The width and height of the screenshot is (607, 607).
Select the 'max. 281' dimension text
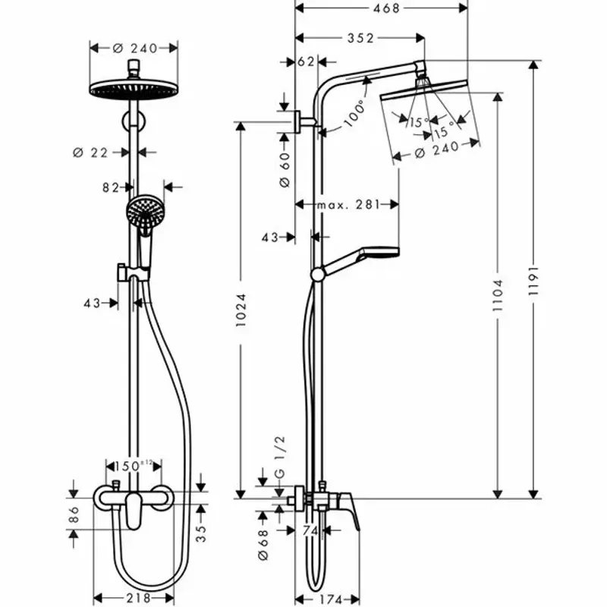[347, 204]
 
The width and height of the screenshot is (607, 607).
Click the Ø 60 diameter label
[284, 170]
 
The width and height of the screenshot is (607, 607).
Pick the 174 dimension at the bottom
[329, 599]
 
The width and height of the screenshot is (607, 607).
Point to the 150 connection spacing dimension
[133, 464]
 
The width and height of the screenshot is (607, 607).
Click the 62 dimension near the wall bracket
[307, 62]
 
